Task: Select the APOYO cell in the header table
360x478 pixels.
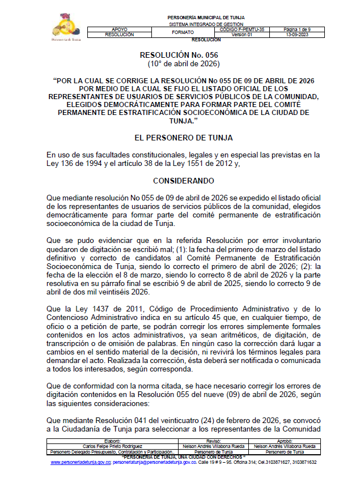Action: pos(120,29)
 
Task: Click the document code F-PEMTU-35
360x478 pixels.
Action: pos(245,29)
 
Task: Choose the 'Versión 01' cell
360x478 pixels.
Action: pos(245,35)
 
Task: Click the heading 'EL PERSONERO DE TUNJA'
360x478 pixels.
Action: pos(180,138)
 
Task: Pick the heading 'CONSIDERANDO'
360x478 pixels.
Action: pos(180,181)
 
